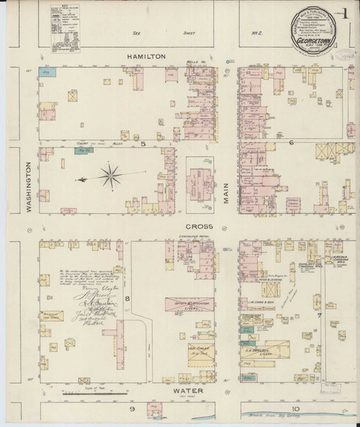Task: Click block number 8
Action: (x=127, y=297)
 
